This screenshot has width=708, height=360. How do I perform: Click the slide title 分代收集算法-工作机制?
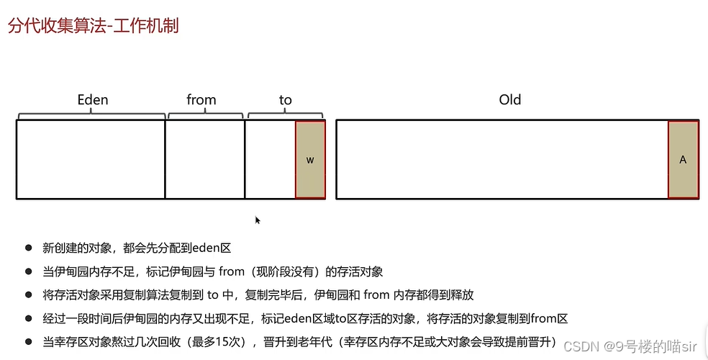tap(93, 26)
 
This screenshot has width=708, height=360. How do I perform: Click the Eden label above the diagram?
tap(93, 100)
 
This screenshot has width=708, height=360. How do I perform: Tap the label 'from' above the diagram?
tap(201, 100)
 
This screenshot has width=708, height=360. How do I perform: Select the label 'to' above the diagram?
tap(286, 100)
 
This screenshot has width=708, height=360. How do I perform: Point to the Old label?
tap(510, 100)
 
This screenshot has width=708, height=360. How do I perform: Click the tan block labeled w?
tap(310, 160)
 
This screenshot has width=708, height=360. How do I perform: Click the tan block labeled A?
tap(683, 160)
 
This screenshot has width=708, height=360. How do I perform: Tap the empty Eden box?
tap(91, 160)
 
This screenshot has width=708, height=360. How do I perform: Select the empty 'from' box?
tap(205, 160)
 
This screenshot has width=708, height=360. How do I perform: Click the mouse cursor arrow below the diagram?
tap(258, 220)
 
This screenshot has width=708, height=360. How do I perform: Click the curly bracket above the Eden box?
tap(91, 114)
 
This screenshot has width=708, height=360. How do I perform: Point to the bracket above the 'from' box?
tap(205, 114)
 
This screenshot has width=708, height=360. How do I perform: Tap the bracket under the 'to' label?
tap(286, 114)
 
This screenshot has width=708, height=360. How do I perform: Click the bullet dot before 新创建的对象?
tap(29, 248)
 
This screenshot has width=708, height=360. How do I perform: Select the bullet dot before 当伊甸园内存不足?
tap(29, 271)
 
